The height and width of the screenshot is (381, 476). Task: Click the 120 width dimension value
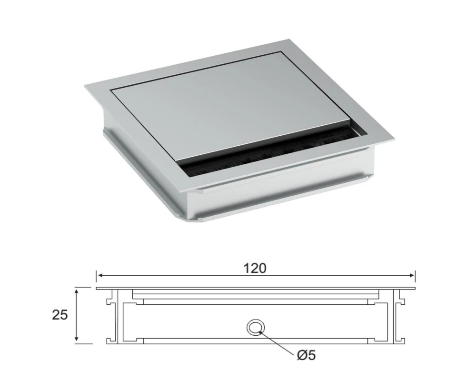pos(255,268)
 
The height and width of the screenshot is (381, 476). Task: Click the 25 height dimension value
pos(60,315)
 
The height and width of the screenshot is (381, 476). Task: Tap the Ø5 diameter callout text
pos(306,355)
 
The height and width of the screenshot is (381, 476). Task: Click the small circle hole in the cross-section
pos(255,327)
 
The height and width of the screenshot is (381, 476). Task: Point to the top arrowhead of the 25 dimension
pos(77,292)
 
